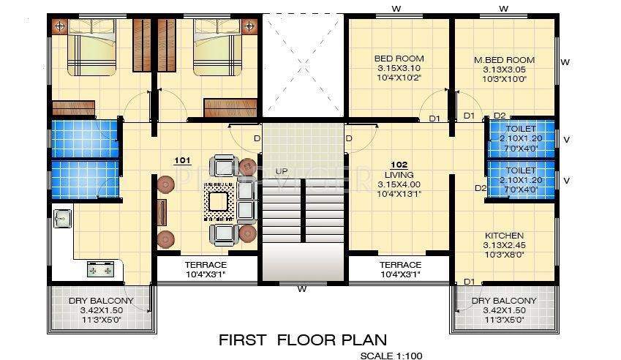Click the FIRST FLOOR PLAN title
tap(303, 340)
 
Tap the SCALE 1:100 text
tap(391, 356)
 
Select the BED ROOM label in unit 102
tap(399, 59)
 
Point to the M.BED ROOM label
tap(504, 59)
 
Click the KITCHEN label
tap(503, 236)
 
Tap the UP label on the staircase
tap(282, 171)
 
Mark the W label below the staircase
tap(301, 289)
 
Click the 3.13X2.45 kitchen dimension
tap(503, 245)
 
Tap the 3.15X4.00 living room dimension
tap(399, 184)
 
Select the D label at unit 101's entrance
tap(256, 138)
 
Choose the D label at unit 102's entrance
tap(349, 138)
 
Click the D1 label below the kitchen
tap(468, 282)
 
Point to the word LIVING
tap(399, 175)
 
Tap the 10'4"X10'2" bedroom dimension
tap(399, 78)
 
